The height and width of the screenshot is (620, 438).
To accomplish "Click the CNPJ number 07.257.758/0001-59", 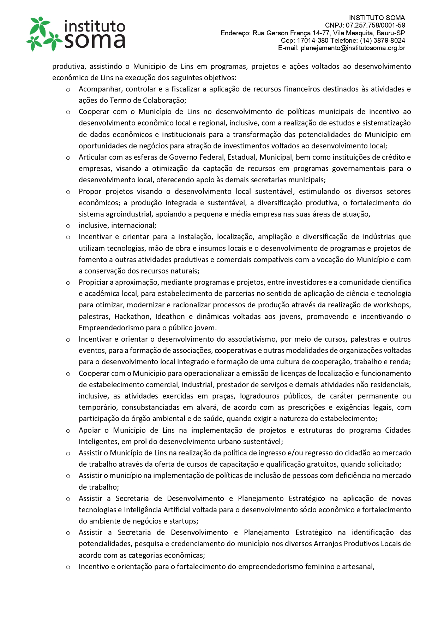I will tap(376, 25).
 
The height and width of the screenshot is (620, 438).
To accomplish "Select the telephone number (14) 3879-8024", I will tap(383, 41).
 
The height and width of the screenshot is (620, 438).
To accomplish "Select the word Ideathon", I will tap(170, 317).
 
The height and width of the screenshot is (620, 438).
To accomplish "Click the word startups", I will tap(183, 521).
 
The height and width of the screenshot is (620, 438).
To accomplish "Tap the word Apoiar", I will tap(90, 430).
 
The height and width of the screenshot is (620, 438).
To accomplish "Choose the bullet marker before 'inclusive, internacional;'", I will tap(68, 226).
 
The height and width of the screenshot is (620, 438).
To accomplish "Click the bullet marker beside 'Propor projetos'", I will tap(68, 192).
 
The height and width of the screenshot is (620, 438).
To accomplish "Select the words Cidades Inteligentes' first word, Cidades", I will tap(398, 430).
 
